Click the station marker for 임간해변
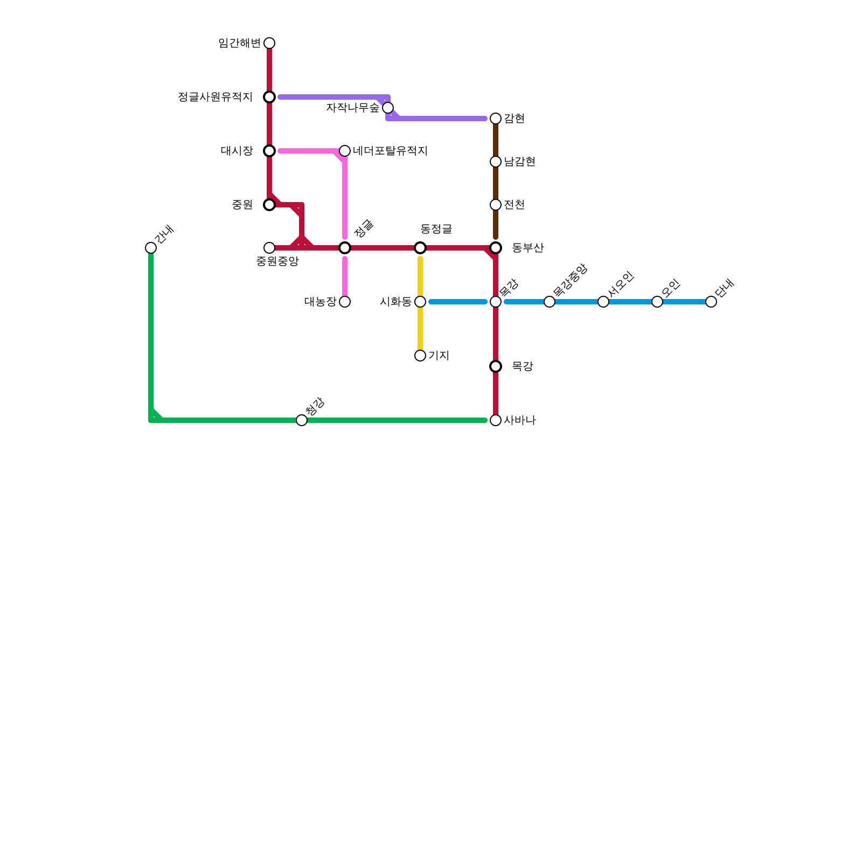click(269, 43)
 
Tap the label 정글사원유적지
click(215, 97)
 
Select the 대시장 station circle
click(269, 151)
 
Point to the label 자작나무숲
click(352, 108)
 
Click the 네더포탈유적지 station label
click(390, 151)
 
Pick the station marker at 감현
click(496, 119)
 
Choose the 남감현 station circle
click(496, 162)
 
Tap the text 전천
click(514, 205)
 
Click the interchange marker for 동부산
click(496, 248)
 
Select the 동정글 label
click(436, 229)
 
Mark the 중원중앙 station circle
click(269, 248)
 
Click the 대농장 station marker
click(345, 302)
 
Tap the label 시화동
click(395, 302)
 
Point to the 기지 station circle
click(420, 356)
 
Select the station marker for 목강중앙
click(550, 302)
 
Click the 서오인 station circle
click(603, 302)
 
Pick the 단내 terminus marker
click(711, 302)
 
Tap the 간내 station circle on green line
click(151, 248)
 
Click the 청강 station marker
click(302, 420)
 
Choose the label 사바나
click(519, 420)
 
